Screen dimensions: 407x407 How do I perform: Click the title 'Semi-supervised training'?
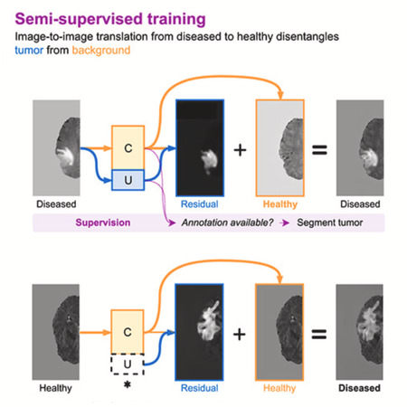[x=110, y=20]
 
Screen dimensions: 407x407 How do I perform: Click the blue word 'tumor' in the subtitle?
[x=29, y=50]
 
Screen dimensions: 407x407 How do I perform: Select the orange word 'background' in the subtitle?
[x=101, y=50]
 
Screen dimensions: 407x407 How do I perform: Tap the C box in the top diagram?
[x=128, y=147]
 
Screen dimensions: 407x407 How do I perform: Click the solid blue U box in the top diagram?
[x=128, y=180]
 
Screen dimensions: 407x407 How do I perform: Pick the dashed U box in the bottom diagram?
[x=128, y=364]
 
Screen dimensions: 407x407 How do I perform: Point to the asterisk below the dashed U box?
[x=128, y=384]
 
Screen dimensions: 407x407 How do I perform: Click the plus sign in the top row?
[x=240, y=150]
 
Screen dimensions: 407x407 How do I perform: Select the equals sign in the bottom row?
[x=319, y=334]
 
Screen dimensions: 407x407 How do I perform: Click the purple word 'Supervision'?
[x=103, y=222]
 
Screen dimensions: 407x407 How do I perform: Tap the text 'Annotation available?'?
[x=227, y=222]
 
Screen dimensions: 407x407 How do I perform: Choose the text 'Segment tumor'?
[x=329, y=222]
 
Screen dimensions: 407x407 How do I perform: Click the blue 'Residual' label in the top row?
[x=199, y=204]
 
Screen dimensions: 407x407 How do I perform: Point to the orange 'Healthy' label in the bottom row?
[x=279, y=388]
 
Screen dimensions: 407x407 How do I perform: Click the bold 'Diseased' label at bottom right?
[x=359, y=388]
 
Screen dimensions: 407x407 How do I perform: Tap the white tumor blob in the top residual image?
[x=209, y=160]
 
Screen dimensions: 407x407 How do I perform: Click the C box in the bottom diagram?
[x=128, y=332]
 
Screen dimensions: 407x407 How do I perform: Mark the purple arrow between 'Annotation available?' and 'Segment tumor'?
[x=284, y=222]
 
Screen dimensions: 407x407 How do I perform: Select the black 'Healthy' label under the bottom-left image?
[x=55, y=388]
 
